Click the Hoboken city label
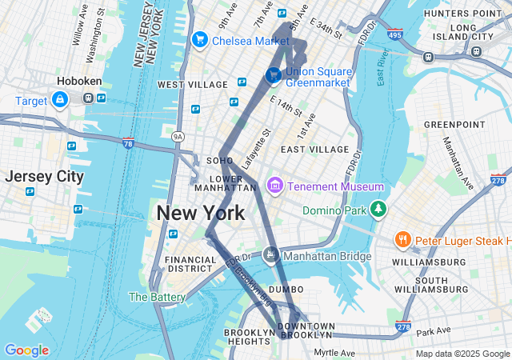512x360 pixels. coord(78,81)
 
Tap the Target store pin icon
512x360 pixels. coord(59,99)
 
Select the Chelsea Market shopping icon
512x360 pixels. coord(200,39)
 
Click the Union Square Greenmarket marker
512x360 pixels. coord(274,74)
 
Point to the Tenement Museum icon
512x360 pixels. coord(274,186)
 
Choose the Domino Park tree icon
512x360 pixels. coord(378,210)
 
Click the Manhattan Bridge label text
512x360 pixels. coord(327,256)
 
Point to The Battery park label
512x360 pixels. coord(158,296)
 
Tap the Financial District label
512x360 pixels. coord(190,265)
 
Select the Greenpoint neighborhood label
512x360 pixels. coord(454,124)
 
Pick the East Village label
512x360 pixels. coord(314,149)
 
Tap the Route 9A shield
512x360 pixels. coord(178,137)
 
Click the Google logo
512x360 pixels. coord(26,350)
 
